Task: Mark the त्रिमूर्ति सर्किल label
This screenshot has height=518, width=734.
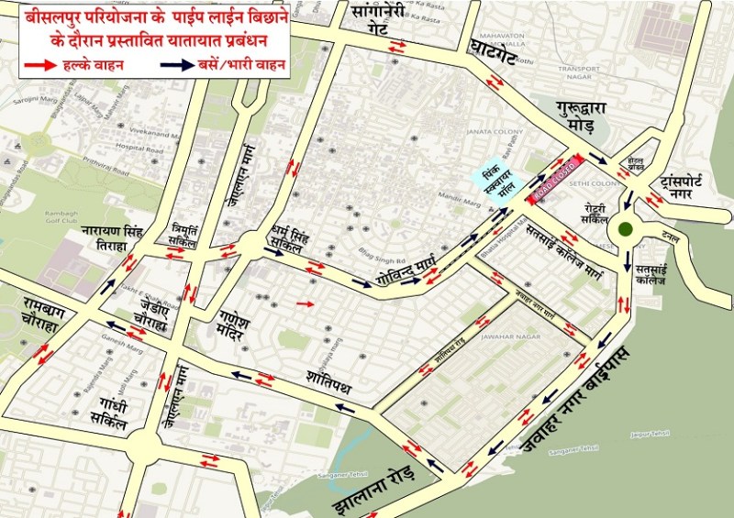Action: click(192, 232)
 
